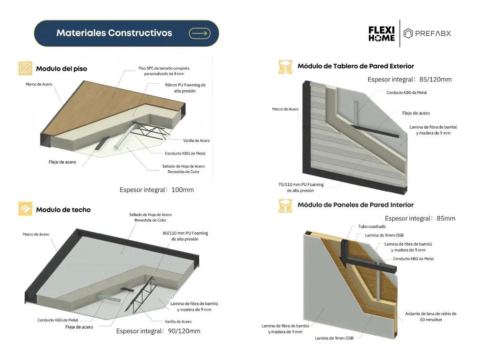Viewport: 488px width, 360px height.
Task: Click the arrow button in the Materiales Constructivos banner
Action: pyautogui.click(x=200, y=33)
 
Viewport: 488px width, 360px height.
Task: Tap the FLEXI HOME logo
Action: pyautogui.click(x=381, y=33)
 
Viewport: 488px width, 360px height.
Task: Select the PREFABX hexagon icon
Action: pyautogui.click(x=408, y=33)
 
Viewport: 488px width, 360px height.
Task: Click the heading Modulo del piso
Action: pyautogui.click(x=61, y=69)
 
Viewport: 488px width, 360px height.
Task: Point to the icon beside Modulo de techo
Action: pyautogui.click(x=25, y=209)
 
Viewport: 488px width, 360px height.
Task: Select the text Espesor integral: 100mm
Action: pyautogui.click(x=157, y=190)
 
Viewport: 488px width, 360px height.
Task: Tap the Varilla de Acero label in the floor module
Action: pyautogui.click(x=196, y=141)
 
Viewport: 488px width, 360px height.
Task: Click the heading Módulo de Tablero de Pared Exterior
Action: pyautogui.click(x=356, y=66)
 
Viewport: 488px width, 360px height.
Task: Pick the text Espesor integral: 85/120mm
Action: pyautogui.click(x=409, y=79)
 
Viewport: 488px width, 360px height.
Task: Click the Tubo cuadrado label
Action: pyautogui.click(x=372, y=226)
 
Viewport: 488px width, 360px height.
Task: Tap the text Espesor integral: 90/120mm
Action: pyautogui.click(x=158, y=331)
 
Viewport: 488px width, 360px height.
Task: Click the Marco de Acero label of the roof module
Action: pyautogui.click(x=36, y=234)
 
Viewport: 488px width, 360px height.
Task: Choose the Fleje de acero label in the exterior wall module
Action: pyautogui.click(x=416, y=113)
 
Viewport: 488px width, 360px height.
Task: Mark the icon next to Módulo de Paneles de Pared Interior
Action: pyautogui.click(x=285, y=206)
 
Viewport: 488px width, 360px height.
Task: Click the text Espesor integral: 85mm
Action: pyautogui.click(x=420, y=218)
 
